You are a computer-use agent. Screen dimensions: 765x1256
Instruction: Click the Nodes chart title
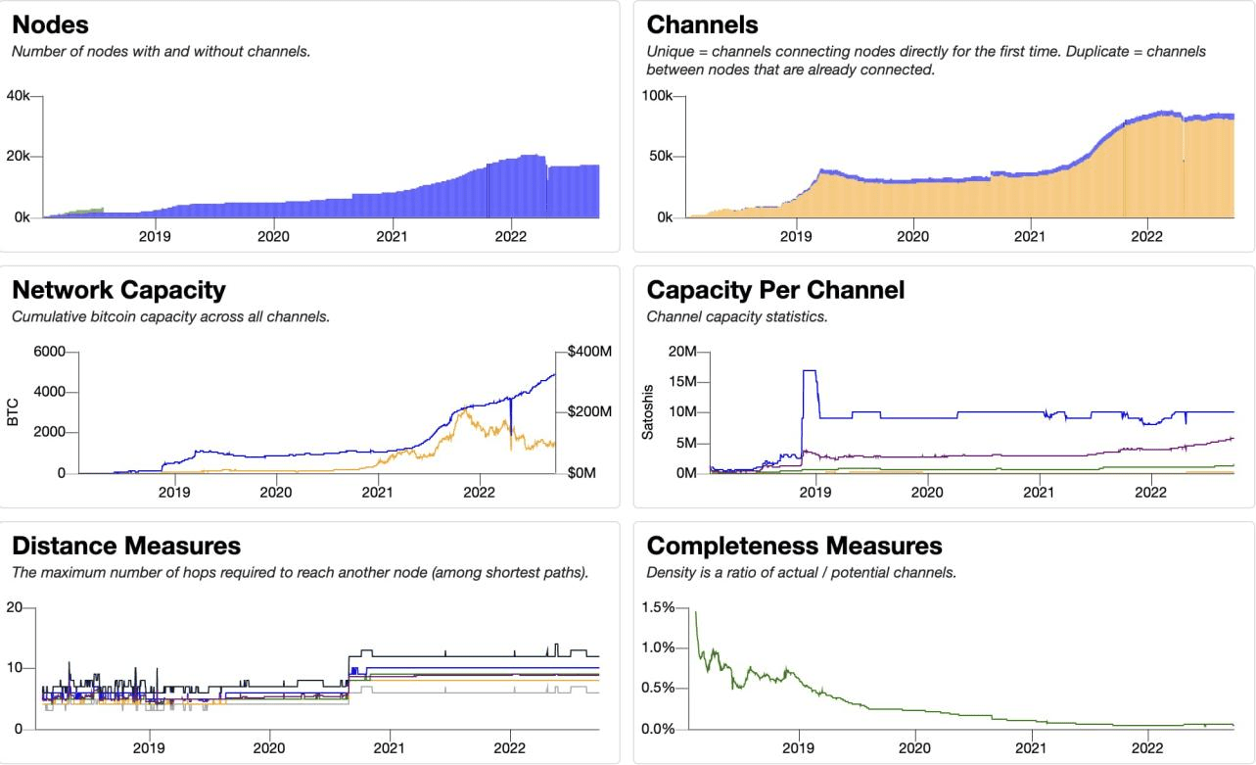tap(49, 24)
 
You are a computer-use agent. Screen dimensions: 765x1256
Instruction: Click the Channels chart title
tap(703, 24)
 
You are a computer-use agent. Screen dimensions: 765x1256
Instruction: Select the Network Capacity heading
tap(118, 290)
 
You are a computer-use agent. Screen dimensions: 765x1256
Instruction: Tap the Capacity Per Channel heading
tap(775, 290)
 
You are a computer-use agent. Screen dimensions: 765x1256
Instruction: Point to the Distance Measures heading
tap(126, 546)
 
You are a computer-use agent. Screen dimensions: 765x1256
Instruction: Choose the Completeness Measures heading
tap(795, 546)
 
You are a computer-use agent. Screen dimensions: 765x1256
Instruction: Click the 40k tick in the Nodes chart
tap(21, 96)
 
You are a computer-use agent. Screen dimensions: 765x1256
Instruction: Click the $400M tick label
tap(589, 352)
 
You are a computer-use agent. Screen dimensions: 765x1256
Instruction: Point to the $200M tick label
tap(589, 412)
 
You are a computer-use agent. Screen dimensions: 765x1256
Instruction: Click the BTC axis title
tap(13, 412)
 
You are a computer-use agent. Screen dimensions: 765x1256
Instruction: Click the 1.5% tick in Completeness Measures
tap(661, 607)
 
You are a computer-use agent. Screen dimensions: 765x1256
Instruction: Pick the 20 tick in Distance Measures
tap(14, 607)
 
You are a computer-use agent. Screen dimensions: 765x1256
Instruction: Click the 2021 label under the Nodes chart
tap(392, 236)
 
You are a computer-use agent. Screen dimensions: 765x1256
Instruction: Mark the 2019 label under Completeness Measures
tap(799, 748)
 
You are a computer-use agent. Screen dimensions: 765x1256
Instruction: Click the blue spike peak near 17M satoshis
tap(810, 371)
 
